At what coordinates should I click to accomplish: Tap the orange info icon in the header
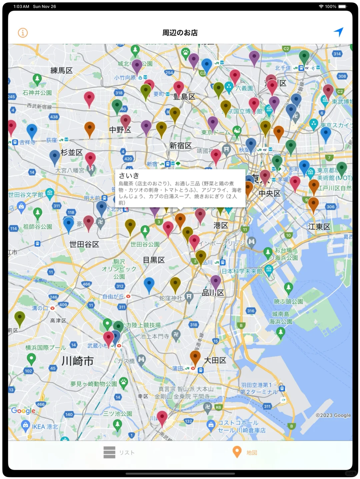click(23, 33)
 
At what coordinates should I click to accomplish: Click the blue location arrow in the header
click(338, 32)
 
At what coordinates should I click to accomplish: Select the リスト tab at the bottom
click(119, 452)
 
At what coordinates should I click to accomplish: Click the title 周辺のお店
click(180, 33)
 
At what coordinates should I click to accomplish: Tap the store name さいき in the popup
click(129, 176)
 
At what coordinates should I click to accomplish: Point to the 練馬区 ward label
click(61, 70)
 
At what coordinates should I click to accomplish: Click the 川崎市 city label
click(77, 361)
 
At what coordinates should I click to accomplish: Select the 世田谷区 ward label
click(84, 244)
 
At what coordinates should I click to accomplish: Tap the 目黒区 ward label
click(154, 260)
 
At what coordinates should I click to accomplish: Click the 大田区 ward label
click(215, 360)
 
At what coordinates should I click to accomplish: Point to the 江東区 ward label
click(319, 227)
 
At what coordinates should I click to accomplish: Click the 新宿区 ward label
click(180, 146)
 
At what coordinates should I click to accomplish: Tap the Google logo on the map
click(23, 411)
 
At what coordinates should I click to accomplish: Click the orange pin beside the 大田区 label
click(195, 357)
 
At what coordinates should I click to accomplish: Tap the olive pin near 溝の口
click(20, 317)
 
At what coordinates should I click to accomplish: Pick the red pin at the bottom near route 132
click(162, 417)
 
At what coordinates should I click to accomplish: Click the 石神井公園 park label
click(37, 93)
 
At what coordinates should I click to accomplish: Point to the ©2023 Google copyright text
click(333, 415)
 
